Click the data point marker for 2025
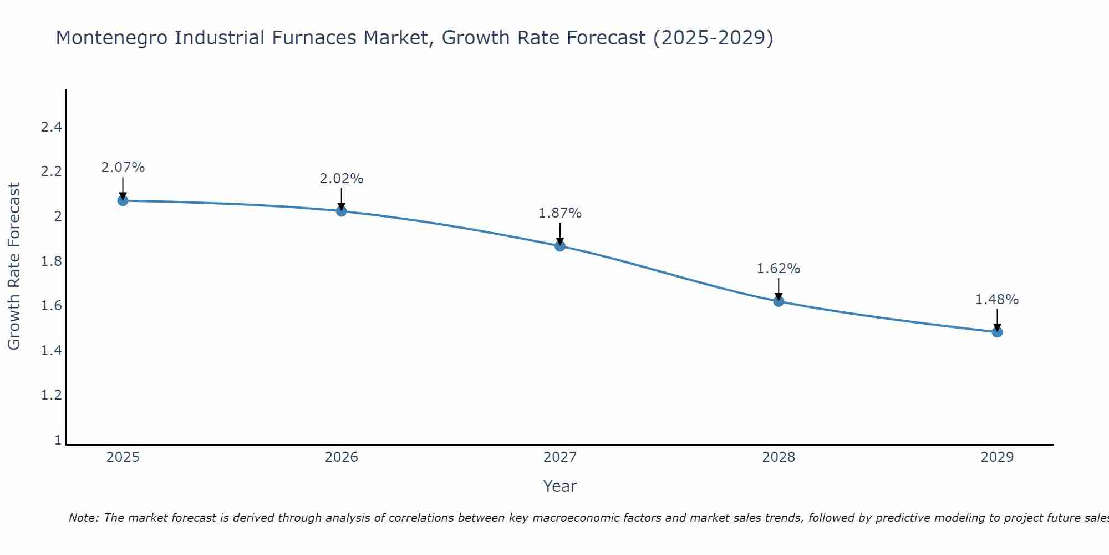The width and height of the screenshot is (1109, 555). pyautogui.click(x=123, y=200)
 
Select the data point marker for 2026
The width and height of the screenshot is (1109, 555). pyautogui.click(x=342, y=211)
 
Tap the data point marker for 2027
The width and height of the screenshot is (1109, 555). pyautogui.click(x=560, y=246)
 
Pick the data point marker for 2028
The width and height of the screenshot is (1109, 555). pyautogui.click(x=779, y=301)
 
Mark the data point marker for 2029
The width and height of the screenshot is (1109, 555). pyautogui.click(x=997, y=332)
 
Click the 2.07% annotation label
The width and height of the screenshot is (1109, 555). pyautogui.click(x=123, y=168)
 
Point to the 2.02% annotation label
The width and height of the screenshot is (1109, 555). pyautogui.click(x=342, y=179)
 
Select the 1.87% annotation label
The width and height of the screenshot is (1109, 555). pyautogui.click(x=560, y=213)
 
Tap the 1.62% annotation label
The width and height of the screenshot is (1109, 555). pyautogui.click(x=779, y=269)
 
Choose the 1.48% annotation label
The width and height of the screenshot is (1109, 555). pyautogui.click(x=997, y=300)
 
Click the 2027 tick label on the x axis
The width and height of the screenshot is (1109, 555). pyautogui.click(x=560, y=457)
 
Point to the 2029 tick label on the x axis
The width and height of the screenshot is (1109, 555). pyautogui.click(x=997, y=457)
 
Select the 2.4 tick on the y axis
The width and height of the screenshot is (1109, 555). pyautogui.click(x=51, y=127)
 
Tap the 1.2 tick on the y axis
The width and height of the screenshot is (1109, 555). pyautogui.click(x=51, y=395)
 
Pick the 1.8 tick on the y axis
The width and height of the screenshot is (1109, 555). pyautogui.click(x=51, y=261)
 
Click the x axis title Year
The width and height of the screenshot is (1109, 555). pyautogui.click(x=560, y=486)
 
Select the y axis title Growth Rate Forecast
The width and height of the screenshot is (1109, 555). pyautogui.click(x=14, y=266)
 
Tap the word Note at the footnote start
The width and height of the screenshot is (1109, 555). pyautogui.click(x=84, y=518)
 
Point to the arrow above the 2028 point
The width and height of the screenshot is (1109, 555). pyautogui.click(x=779, y=288)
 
